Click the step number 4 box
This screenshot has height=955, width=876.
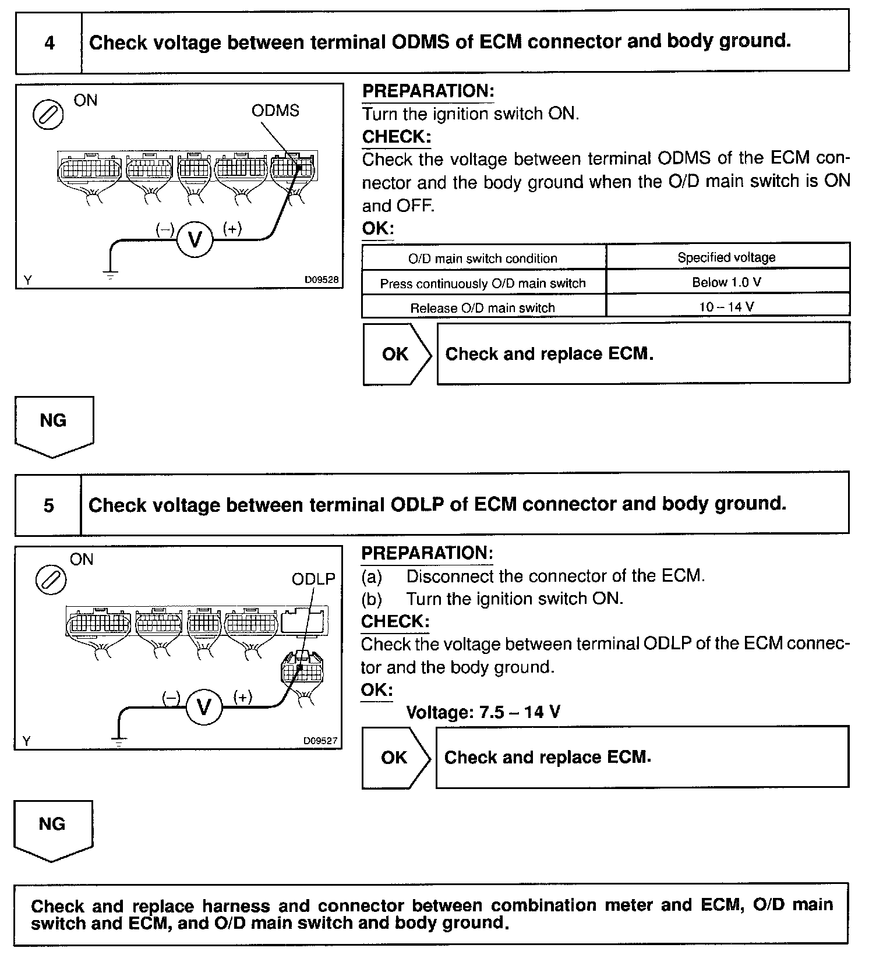(49, 43)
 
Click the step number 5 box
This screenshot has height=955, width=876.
(48, 505)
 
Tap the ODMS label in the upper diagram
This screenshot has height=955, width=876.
(275, 111)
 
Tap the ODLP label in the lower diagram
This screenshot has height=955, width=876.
(313, 579)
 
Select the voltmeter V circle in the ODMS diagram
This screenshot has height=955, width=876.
(195, 239)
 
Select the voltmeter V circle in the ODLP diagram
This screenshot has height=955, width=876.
(204, 708)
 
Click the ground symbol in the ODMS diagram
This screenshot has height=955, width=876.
(110, 273)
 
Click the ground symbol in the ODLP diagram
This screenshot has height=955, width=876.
(118, 741)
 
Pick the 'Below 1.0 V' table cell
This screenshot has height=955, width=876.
(727, 282)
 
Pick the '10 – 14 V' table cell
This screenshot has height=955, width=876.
(727, 307)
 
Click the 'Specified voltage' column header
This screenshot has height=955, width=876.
(727, 257)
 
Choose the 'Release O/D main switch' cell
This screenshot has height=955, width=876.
(483, 308)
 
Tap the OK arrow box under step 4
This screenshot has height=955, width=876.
(397, 354)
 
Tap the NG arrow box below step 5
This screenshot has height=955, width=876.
(52, 829)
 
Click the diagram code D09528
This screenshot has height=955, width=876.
(321, 280)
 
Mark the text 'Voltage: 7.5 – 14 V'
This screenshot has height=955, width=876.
(483, 712)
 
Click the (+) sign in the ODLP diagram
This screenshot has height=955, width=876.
(242, 697)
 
